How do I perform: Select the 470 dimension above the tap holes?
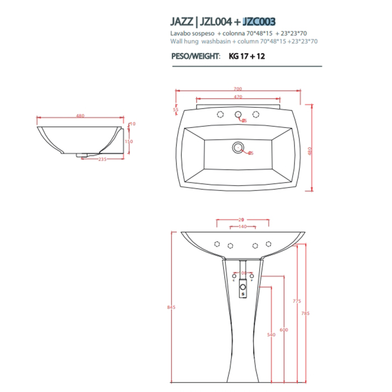tap(239, 98)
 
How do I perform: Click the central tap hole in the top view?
tap(239, 115)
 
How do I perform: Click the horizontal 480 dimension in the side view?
tap(80, 116)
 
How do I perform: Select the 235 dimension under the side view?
tap(102, 159)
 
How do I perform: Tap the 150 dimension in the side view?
tap(129, 141)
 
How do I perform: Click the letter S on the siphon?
tap(242, 292)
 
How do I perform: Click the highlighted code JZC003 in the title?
tap(259, 22)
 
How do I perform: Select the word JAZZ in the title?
tap(182, 22)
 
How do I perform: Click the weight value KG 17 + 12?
tap(248, 57)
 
